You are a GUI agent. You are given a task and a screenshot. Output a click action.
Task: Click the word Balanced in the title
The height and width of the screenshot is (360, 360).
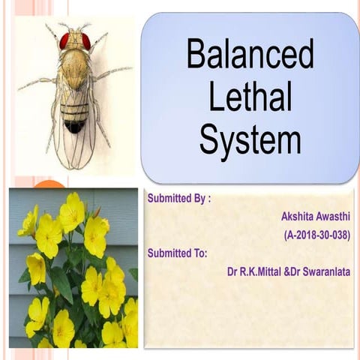click(x=250, y=55)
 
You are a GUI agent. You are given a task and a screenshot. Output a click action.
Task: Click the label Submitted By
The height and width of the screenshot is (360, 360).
click(x=178, y=199)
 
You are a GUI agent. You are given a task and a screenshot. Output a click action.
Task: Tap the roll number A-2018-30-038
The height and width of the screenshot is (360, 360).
click(x=317, y=235)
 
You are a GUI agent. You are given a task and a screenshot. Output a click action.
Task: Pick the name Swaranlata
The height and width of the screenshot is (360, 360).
click(x=325, y=271)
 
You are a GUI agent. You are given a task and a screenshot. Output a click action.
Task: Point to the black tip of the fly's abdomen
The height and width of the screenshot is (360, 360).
click(x=74, y=127)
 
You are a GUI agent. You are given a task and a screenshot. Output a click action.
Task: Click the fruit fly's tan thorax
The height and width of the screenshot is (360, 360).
click(x=75, y=67)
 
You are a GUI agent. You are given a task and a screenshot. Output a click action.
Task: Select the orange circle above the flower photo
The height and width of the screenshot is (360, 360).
click(x=50, y=184)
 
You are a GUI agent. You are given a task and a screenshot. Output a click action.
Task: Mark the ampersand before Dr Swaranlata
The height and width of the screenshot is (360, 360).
click(x=287, y=271)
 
